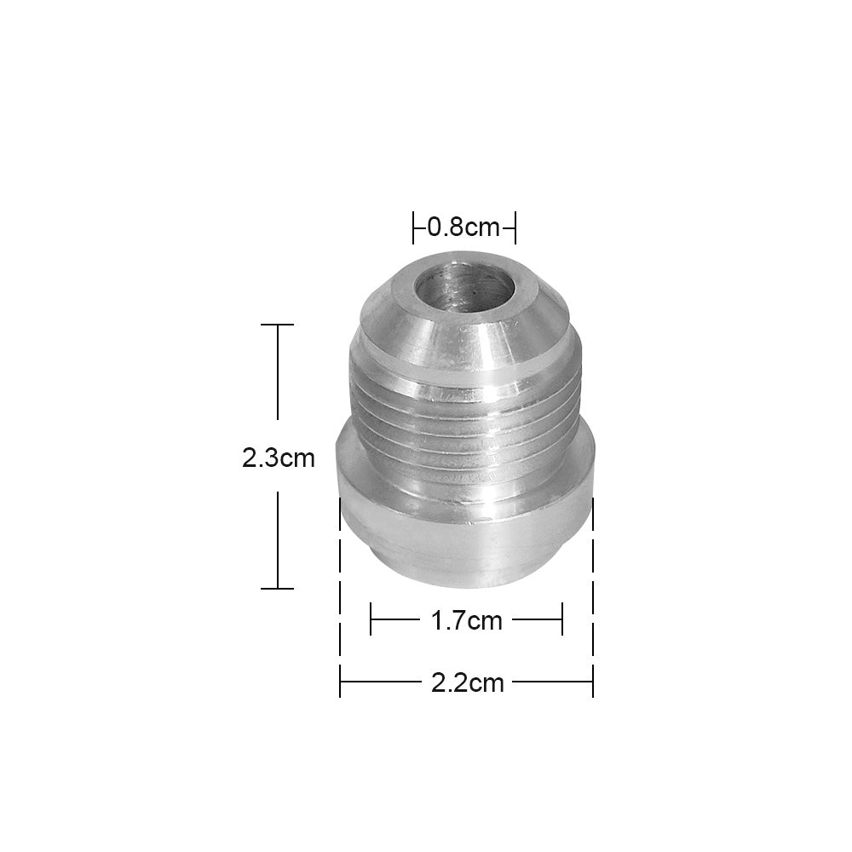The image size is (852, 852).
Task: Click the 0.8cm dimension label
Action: (x=463, y=227)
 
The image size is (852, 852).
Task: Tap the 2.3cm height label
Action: (x=279, y=459)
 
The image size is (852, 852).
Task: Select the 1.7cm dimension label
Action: (x=466, y=620)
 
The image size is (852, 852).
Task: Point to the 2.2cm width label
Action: (x=466, y=682)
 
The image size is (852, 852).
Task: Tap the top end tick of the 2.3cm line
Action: (x=278, y=325)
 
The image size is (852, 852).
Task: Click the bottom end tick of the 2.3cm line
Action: (x=278, y=588)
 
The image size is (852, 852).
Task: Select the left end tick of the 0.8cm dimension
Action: (x=414, y=227)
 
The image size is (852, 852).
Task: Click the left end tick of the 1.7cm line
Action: (x=371, y=619)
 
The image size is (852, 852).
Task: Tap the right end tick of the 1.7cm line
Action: (x=562, y=619)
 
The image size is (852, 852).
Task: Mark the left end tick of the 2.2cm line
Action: (x=341, y=682)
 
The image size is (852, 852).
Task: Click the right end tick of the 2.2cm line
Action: (x=592, y=682)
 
